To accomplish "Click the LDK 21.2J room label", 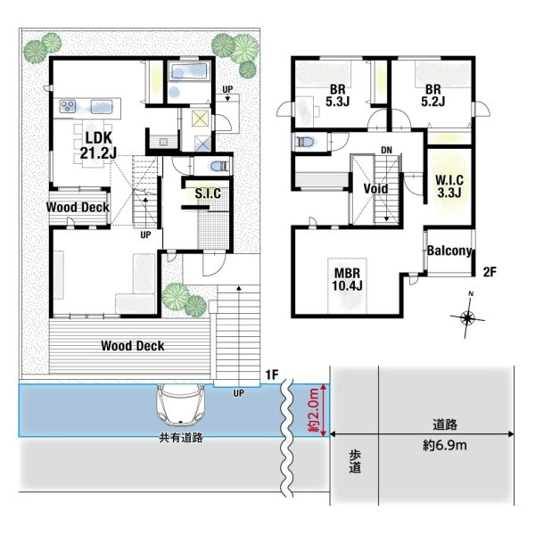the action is click(98, 145).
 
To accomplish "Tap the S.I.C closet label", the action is click(208, 193).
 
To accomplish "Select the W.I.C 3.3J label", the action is click(449, 186).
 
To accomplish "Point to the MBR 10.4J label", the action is click(347, 279).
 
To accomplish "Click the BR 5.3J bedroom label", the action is click(337, 95).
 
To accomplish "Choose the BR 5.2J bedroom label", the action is click(433, 95).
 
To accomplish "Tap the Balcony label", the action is click(449, 251).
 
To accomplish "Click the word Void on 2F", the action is click(375, 189).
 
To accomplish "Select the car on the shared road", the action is click(180, 405).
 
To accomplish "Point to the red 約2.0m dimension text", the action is click(314, 409).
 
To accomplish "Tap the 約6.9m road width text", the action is click(445, 445).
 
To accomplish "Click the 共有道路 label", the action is click(181, 438).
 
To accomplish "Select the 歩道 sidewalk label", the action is click(355, 461).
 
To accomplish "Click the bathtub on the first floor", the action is click(189, 71).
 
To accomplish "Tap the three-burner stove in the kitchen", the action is click(68, 106).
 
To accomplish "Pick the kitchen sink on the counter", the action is click(102, 106).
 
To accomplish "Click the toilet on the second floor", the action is click(307, 141).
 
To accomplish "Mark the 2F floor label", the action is click(490, 272).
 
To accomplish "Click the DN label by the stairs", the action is click(387, 150).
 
